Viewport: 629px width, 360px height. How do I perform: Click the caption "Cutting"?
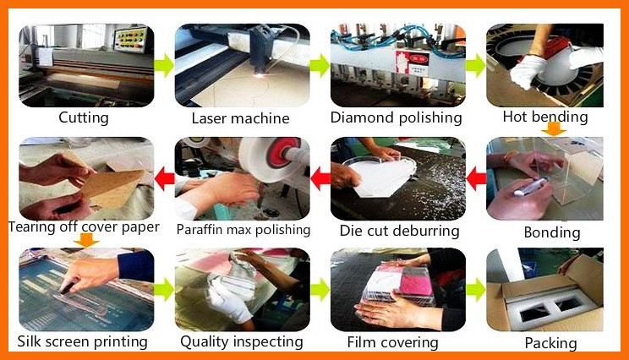84,117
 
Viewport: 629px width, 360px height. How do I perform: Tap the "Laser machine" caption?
240,118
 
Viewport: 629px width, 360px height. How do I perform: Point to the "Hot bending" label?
545,117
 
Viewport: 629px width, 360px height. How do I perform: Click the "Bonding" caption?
552,232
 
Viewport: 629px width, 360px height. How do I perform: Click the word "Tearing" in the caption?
31,227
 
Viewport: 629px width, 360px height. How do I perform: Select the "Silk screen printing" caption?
82,342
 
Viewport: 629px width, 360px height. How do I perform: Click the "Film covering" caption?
393,343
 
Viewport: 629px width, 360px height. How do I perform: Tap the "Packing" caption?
550,344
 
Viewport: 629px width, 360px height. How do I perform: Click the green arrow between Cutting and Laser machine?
164,65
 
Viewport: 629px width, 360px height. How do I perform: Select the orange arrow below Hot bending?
554,129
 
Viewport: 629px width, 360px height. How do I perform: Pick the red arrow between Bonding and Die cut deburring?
476,178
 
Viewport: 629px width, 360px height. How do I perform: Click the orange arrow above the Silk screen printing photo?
86,240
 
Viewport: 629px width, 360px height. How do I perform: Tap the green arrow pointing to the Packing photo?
476,290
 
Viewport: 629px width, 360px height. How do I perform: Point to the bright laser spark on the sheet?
260,75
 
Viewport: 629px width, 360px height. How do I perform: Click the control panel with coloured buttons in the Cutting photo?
130,39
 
